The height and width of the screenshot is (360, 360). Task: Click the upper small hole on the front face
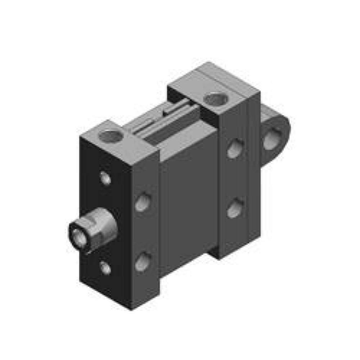(x=105, y=178)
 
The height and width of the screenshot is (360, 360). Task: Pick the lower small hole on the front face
(x=105, y=268)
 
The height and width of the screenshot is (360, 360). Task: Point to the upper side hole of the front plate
(x=143, y=202)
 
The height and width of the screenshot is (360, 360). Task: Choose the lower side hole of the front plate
(x=143, y=262)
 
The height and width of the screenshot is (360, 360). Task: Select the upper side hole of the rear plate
(x=235, y=148)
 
